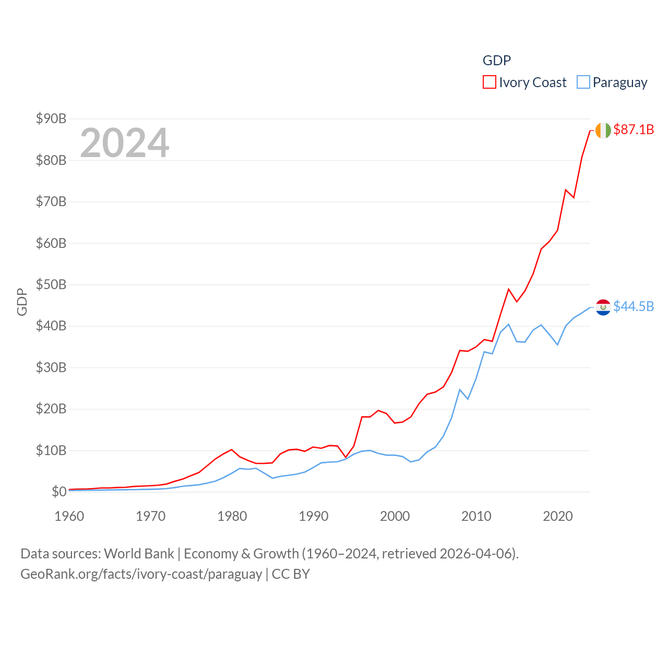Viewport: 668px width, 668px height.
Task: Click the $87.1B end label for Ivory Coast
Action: [634, 129]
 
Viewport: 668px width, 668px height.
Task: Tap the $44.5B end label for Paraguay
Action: [634, 306]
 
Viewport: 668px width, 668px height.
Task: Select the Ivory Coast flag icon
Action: [603, 130]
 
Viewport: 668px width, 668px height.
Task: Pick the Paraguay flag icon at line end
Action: [603, 307]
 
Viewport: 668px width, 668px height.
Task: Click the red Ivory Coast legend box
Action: [489, 82]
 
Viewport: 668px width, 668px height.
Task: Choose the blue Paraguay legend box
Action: [583, 82]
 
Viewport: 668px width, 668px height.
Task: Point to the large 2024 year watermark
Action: [125, 143]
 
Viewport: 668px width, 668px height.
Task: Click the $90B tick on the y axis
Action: [51, 118]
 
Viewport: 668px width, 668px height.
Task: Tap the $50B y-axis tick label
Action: [51, 284]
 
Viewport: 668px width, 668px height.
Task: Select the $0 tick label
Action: [59, 492]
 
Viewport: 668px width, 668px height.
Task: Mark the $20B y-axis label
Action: [51, 409]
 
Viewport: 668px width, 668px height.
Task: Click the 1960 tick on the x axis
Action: [69, 516]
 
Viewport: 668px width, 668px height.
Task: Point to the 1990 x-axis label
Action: [314, 516]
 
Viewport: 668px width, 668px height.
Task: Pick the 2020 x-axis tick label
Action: [558, 516]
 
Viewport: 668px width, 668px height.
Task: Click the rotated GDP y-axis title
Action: [22, 302]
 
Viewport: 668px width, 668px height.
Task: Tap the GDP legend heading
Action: [496, 61]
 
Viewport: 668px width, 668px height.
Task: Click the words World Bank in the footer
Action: [139, 553]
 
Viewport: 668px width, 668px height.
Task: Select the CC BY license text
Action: [291, 574]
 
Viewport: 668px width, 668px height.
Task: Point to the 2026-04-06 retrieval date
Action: [477, 553]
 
